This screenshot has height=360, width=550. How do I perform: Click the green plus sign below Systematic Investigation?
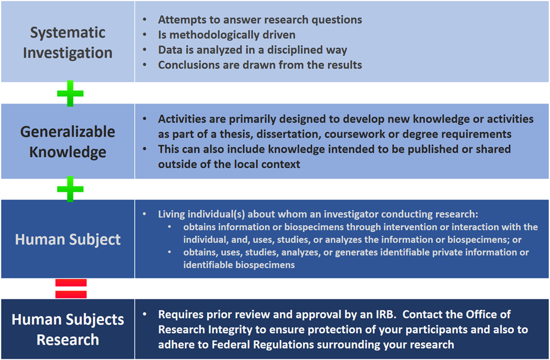click(70, 94)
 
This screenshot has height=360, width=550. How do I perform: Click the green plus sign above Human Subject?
click(70, 189)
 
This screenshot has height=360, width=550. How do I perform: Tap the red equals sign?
click(71, 288)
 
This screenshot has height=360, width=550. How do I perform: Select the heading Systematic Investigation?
click(68, 42)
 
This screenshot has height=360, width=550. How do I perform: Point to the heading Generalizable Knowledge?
click(68, 141)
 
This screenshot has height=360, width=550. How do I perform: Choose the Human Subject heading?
click(68, 239)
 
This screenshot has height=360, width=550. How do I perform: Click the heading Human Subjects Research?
click(68, 329)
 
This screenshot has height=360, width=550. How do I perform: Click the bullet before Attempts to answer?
click(145, 20)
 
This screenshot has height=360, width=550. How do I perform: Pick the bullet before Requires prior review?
click(145, 314)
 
